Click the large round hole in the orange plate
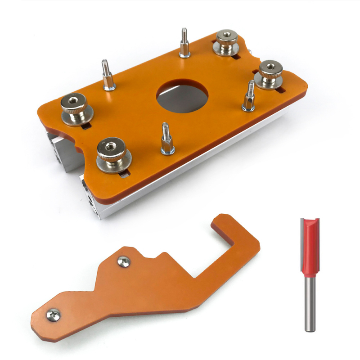point(182,95)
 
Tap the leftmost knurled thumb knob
point(75,108)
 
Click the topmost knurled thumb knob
point(226,42)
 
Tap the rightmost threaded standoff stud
point(248,97)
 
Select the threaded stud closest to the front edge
point(166,139)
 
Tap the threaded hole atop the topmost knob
point(226,34)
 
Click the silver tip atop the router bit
point(310,219)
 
